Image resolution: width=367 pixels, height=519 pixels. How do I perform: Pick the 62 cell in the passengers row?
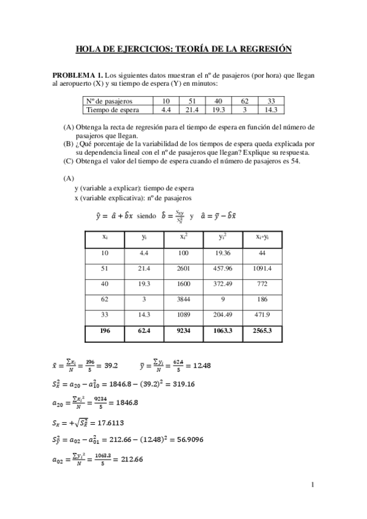(244, 101)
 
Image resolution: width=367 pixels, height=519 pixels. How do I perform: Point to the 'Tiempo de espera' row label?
(112, 110)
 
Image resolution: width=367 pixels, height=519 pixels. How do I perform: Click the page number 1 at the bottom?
(312, 485)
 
